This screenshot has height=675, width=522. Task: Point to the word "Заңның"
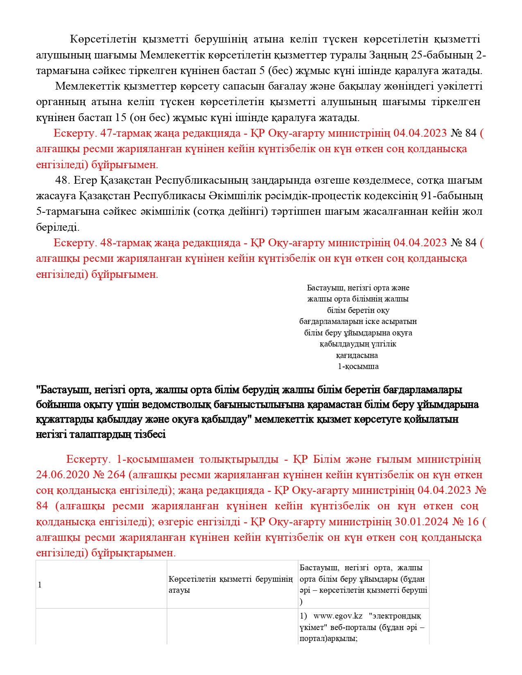tap(393, 55)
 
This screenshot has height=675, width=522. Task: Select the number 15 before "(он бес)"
tap(121, 118)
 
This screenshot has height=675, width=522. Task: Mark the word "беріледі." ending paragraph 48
tap(58, 227)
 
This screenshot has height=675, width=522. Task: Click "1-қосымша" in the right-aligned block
tap(358, 367)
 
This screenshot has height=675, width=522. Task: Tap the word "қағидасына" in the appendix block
tap(357, 355)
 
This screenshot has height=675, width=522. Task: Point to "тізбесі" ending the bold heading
tap(150, 434)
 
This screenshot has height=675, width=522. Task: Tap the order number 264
tap(116, 475)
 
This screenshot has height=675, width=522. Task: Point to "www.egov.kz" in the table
tap(338, 616)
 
